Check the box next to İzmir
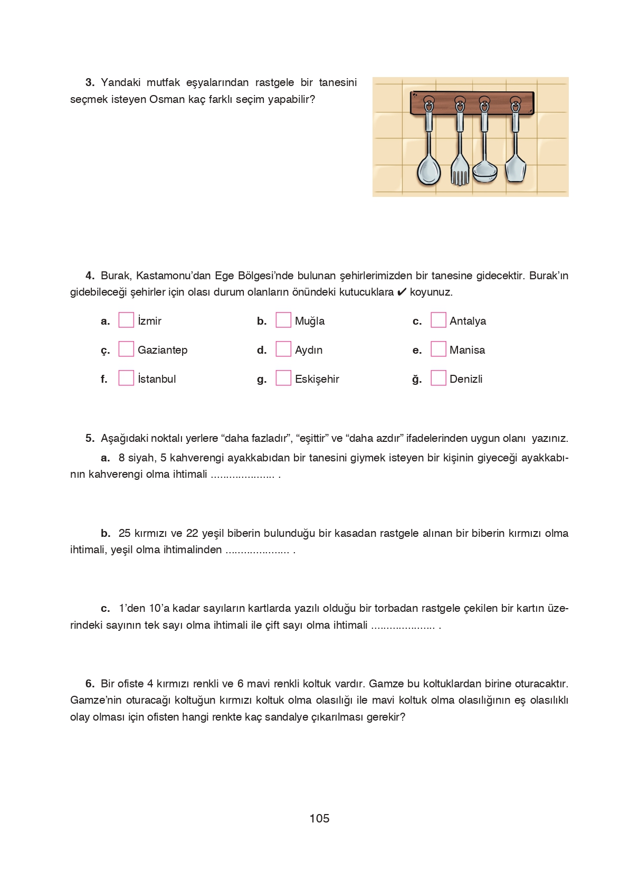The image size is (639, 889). pyautogui.click(x=126, y=320)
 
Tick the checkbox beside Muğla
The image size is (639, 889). pyautogui.click(x=283, y=320)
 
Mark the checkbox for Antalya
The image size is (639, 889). pyautogui.click(x=438, y=320)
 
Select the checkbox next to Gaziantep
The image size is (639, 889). pyautogui.click(x=126, y=349)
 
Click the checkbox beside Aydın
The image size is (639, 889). pyautogui.click(x=283, y=349)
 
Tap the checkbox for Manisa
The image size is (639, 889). pyautogui.click(x=438, y=349)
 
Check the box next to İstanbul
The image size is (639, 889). pyautogui.click(x=126, y=378)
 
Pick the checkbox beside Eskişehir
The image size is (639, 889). pyautogui.click(x=283, y=378)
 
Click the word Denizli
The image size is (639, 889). pyautogui.click(x=466, y=379)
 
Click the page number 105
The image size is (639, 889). pyautogui.click(x=319, y=818)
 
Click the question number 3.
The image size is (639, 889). pyautogui.click(x=90, y=82)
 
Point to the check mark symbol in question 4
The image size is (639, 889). pyautogui.click(x=402, y=292)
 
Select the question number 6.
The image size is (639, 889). pyautogui.click(x=90, y=684)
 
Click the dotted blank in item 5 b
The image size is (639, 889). pyautogui.click(x=257, y=550)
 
